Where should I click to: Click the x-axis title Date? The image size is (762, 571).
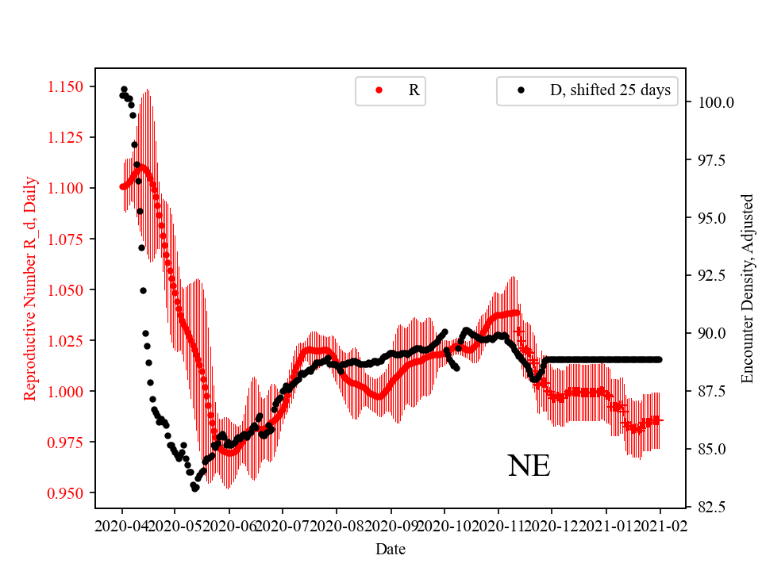391,548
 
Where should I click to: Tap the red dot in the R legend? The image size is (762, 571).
379,90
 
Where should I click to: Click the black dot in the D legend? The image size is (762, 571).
521,90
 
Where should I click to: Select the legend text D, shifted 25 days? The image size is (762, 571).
610,90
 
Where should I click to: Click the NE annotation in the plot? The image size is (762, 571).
529,466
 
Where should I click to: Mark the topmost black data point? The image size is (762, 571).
124,89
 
